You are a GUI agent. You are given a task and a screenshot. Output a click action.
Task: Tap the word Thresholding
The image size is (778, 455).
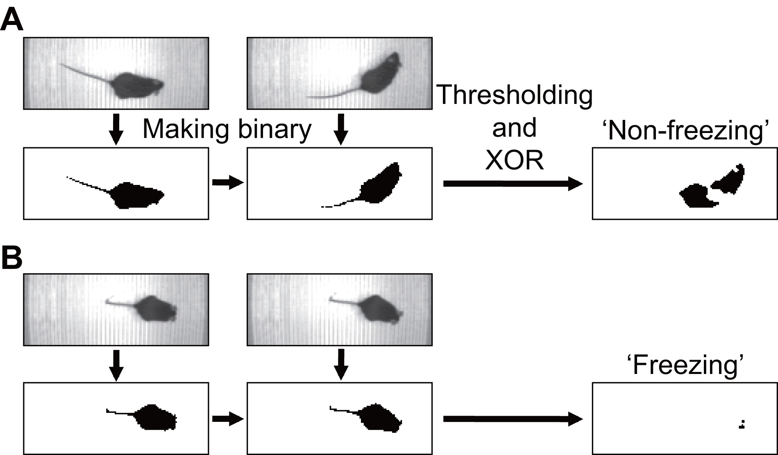coord(515,95)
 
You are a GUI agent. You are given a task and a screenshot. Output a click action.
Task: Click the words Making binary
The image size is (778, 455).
coord(227,129)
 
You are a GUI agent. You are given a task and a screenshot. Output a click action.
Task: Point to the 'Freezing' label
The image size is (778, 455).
coord(685,365)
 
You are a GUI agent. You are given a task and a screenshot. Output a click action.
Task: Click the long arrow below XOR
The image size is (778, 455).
coord(512,184)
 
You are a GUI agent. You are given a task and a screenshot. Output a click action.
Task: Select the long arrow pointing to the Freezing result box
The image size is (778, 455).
coord(512,419)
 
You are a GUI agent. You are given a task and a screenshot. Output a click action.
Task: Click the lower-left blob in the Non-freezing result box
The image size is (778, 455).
coord(696,197)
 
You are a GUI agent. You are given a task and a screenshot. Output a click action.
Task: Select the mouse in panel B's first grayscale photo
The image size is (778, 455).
coord(156,309)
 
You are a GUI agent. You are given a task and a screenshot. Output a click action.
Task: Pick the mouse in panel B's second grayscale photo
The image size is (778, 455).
coord(379,309)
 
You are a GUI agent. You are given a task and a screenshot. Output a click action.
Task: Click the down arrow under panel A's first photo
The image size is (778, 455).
coord(116,129)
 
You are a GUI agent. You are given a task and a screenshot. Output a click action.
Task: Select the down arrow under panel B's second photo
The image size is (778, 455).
coord(341,364)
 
